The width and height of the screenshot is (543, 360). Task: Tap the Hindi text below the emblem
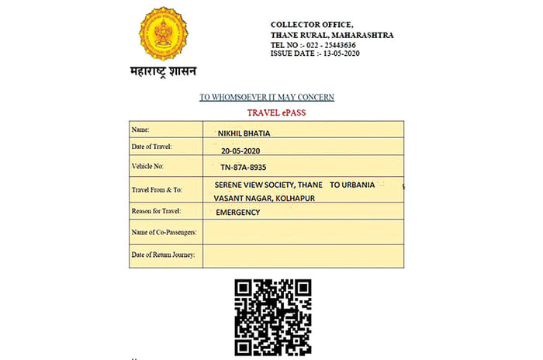click(x=163, y=72)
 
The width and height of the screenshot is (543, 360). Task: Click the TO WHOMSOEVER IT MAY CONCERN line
click(x=266, y=97)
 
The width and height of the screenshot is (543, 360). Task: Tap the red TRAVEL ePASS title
click(x=266, y=113)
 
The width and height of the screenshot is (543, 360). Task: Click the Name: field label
click(x=142, y=130)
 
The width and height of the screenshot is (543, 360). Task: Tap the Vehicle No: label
click(x=149, y=166)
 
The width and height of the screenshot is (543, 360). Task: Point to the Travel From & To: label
click(x=161, y=189)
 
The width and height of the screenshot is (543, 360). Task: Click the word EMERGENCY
click(x=237, y=212)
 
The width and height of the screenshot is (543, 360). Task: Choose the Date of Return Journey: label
click(x=163, y=254)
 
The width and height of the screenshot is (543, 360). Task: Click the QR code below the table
click(x=273, y=317)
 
